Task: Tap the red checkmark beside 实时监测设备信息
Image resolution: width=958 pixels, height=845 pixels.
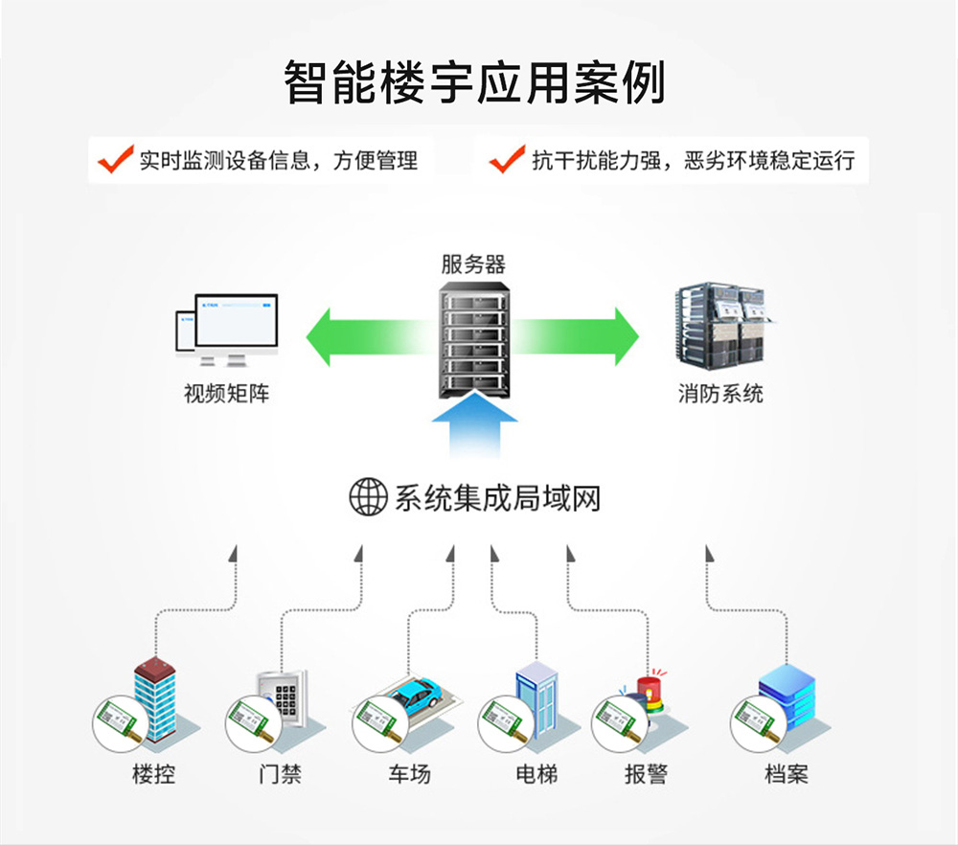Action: [x=115, y=158]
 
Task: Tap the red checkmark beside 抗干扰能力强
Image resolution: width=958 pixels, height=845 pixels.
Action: [x=506, y=158]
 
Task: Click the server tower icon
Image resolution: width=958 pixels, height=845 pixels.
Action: [x=473, y=340]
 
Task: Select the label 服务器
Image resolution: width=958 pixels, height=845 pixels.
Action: [x=473, y=265]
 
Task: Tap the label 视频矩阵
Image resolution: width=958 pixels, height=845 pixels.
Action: [x=227, y=393]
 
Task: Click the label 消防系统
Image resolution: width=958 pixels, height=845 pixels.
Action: [x=720, y=393]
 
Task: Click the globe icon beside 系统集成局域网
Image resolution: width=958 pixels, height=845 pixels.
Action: [x=368, y=497]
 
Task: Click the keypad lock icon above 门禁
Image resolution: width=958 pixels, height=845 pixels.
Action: [x=285, y=697]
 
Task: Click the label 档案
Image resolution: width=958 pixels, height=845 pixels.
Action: [x=786, y=774]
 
